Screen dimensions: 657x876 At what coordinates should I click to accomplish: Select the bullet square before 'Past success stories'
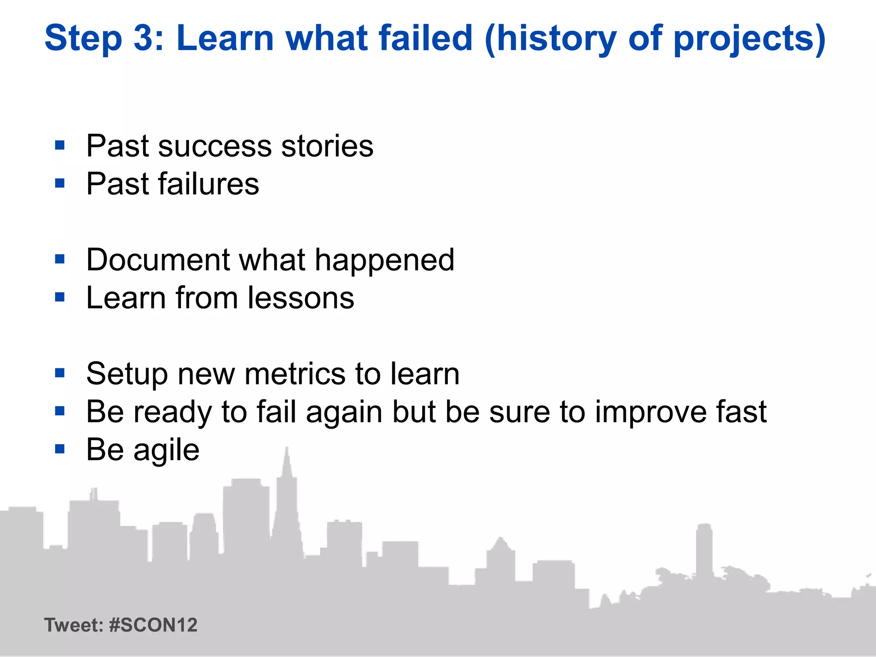pyautogui.click(x=60, y=145)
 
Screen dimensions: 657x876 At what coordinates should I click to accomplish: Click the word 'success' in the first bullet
pyautogui.click(x=215, y=146)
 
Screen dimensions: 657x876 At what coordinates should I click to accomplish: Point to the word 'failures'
pyautogui.click(x=208, y=184)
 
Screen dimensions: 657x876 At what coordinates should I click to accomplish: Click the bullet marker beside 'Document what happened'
pyautogui.click(x=60, y=259)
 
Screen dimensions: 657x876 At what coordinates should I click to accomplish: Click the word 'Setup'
pyautogui.click(x=127, y=375)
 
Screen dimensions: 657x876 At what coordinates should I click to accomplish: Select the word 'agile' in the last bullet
pyautogui.click(x=166, y=451)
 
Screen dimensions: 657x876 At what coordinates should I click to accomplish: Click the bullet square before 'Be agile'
pyautogui.click(x=60, y=449)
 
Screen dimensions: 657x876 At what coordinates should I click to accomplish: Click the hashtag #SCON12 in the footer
pyautogui.click(x=153, y=625)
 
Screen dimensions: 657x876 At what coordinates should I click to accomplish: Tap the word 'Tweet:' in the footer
pyautogui.click(x=74, y=625)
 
